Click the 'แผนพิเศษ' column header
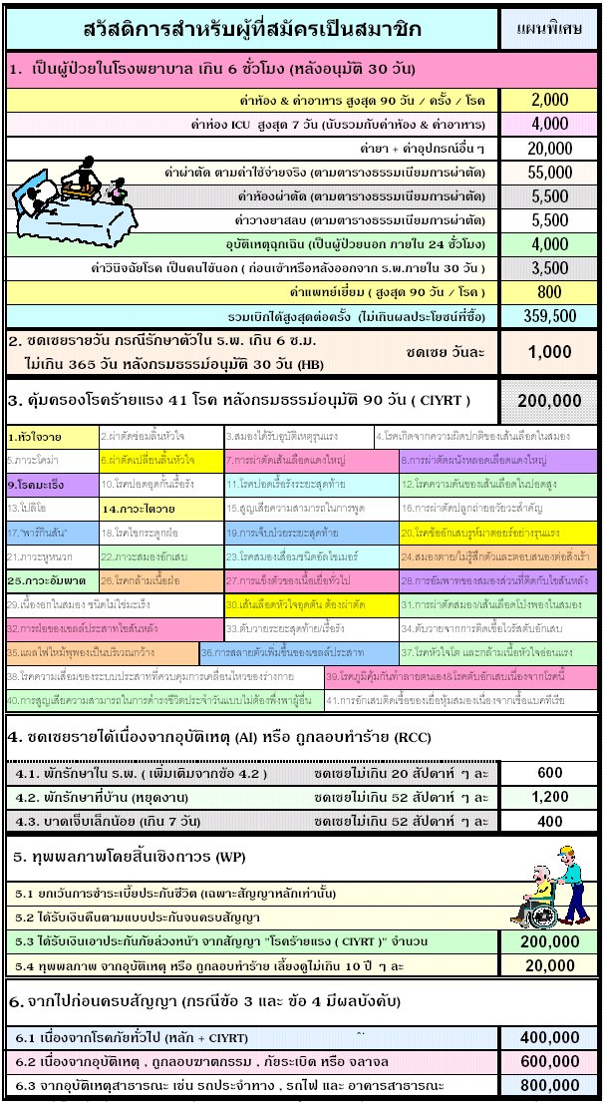[x=549, y=29]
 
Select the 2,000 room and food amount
[x=549, y=100]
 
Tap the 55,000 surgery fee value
[x=549, y=173]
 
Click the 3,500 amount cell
[x=549, y=268]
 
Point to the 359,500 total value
[x=549, y=316]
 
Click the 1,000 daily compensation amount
[x=549, y=351]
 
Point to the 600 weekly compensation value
[x=549, y=773]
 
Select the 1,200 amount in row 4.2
[x=549, y=797]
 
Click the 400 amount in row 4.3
[x=549, y=821]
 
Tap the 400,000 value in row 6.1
[x=549, y=1036]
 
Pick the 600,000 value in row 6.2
[x=549, y=1060]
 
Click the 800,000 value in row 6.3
[x=549, y=1084]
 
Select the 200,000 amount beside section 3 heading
[x=549, y=400]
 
